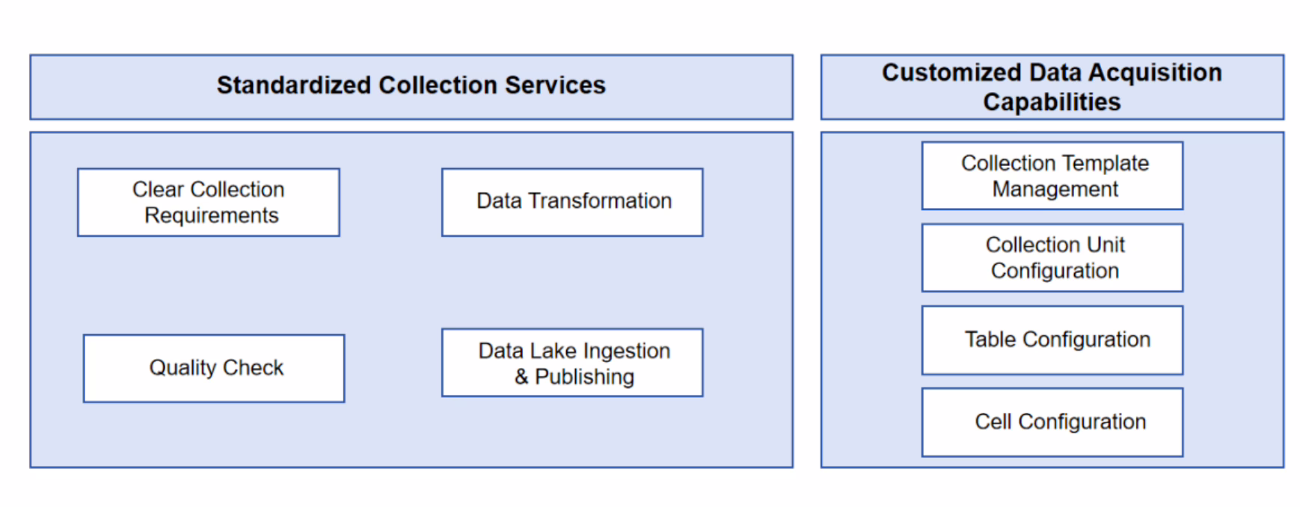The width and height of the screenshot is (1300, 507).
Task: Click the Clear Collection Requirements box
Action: (x=208, y=202)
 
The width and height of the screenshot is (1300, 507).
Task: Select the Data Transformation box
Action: (x=572, y=202)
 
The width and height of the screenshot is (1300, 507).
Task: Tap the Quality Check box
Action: (x=214, y=368)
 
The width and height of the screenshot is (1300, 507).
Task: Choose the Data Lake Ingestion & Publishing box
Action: (x=572, y=363)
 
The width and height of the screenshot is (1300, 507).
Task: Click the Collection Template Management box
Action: (x=1052, y=176)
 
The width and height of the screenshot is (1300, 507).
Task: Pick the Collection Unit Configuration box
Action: (x=1052, y=257)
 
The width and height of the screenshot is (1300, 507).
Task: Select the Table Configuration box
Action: (x=1052, y=339)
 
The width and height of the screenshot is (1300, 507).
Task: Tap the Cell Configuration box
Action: (x=1052, y=422)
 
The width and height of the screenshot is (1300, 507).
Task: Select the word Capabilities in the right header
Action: (x=1052, y=102)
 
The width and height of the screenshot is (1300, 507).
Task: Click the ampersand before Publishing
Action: (x=521, y=377)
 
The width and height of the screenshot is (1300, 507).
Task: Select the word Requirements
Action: (x=211, y=215)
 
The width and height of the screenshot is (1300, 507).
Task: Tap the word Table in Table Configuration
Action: (x=990, y=339)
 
